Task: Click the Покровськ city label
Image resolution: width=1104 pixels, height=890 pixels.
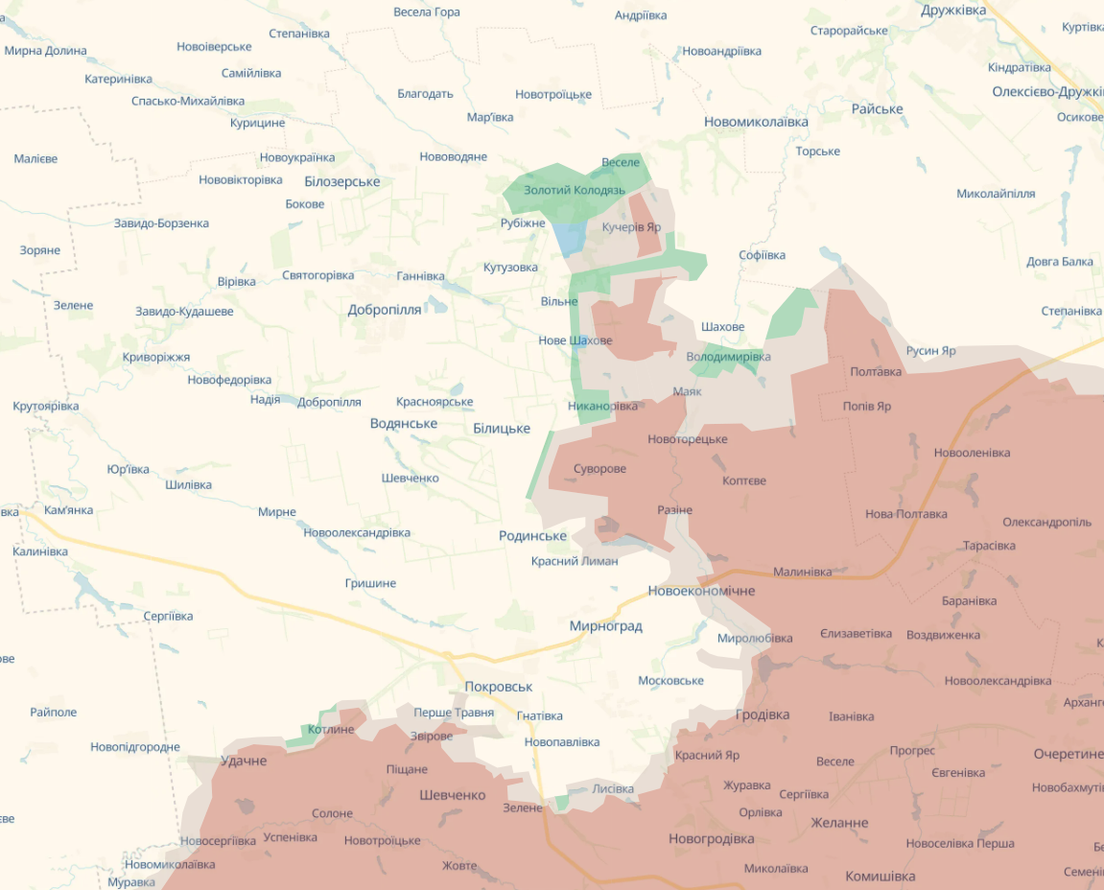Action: pos(498,687)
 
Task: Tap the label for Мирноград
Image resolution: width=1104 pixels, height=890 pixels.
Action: pos(605,626)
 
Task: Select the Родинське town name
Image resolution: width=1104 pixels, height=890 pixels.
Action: pos(532,536)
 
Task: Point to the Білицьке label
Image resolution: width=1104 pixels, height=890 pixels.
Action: pos(502,429)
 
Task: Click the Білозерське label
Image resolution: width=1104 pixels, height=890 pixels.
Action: pos(341,181)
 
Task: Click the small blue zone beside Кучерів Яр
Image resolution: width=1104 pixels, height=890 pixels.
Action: pos(569,237)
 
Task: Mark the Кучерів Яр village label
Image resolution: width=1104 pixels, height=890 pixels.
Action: pos(631,227)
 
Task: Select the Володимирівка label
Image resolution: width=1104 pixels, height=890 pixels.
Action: pos(728,357)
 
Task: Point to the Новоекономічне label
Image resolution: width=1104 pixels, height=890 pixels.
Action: pos(701,591)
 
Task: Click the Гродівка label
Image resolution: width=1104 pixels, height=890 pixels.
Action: pos(763,714)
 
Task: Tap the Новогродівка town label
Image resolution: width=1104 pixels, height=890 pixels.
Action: pos(711,838)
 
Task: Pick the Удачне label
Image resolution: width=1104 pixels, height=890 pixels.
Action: pos(244,761)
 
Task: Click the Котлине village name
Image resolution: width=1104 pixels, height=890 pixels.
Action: pos(331,730)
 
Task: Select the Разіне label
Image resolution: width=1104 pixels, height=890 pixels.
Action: pos(674,510)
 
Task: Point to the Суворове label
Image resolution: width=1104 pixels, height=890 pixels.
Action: pos(599,469)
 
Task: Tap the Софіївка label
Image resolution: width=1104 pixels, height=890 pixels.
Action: pos(762,255)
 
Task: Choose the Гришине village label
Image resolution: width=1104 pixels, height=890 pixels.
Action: pos(370,583)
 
